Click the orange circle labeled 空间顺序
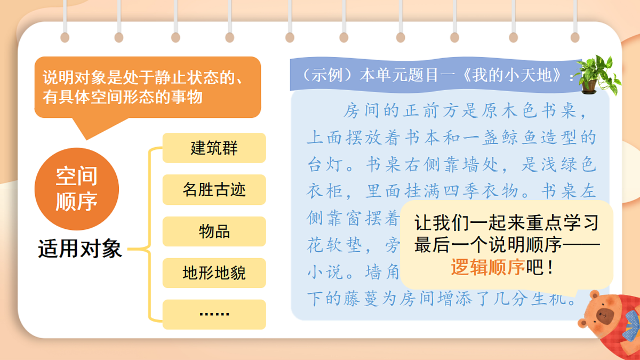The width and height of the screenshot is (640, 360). click(x=76, y=189)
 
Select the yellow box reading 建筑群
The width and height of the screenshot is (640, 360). click(x=214, y=148)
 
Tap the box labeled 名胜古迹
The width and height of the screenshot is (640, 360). click(x=214, y=190)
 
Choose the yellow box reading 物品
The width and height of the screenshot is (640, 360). click(x=214, y=231)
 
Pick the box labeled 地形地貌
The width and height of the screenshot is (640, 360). click(x=214, y=273)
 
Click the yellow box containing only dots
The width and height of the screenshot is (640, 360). click(x=214, y=314)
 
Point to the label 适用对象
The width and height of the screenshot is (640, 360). click(x=80, y=249)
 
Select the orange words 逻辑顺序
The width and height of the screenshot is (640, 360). click(x=488, y=267)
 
